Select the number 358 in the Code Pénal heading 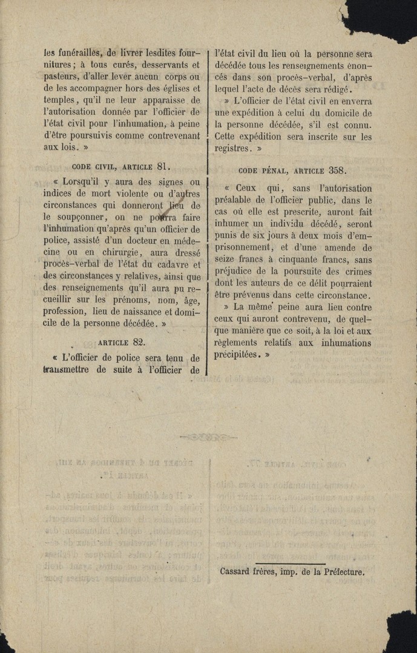pyautogui.click(x=337, y=171)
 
